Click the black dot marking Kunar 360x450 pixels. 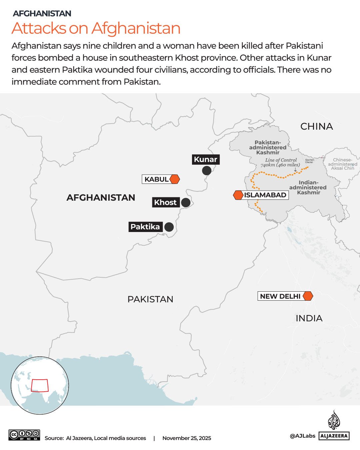point(207,171)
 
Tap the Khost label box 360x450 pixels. point(166,202)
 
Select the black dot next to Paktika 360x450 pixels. point(169,227)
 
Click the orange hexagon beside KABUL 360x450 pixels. point(175,179)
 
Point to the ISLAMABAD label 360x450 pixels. point(265,195)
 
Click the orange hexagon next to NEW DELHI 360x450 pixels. point(308,296)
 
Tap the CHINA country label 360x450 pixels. point(316,127)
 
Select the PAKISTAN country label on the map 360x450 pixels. point(150,299)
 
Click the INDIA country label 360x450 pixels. point(309,318)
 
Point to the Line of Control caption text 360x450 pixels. point(281,162)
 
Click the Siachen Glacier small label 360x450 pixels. point(309,161)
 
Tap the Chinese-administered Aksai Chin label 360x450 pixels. point(343,164)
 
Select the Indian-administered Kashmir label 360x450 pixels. point(308,187)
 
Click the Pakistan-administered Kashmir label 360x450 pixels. point(268,147)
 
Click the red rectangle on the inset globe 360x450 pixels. point(40,385)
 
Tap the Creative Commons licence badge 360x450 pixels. point(24,435)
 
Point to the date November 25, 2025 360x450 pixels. point(187,438)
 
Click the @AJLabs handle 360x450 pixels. point(302,436)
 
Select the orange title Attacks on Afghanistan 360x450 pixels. point(96,28)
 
